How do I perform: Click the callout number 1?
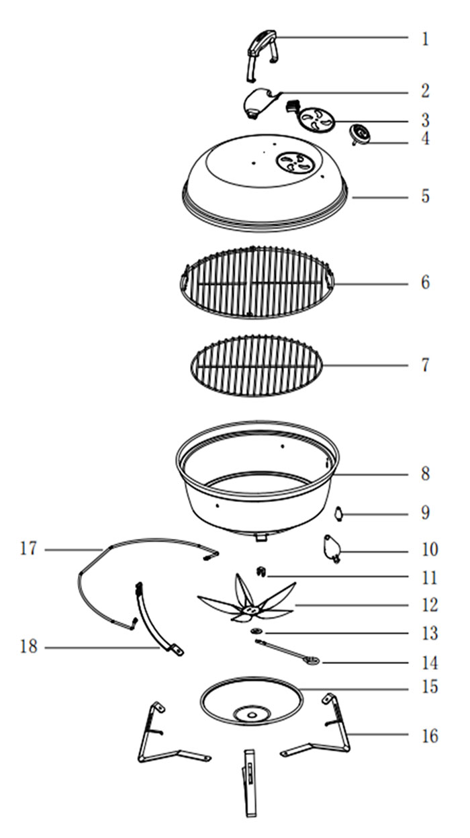pyautogui.click(x=425, y=39)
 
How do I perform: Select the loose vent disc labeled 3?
pyautogui.click(x=318, y=120)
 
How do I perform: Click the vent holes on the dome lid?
pyautogui.click(x=295, y=162)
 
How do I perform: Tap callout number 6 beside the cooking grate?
pyautogui.click(x=426, y=282)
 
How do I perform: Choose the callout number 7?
pyautogui.click(x=425, y=365)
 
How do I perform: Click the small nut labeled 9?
pyautogui.click(x=339, y=513)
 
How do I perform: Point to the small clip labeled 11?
pyautogui.click(x=262, y=572)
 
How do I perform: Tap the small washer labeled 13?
pyautogui.click(x=256, y=632)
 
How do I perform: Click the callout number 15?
pyautogui.click(x=430, y=687)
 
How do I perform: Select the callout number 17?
pyautogui.click(x=28, y=549)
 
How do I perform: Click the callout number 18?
pyautogui.click(x=29, y=646)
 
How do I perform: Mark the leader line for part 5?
pyautogui.click(x=380, y=197)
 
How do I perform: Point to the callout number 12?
pyautogui.click(x=430, y=605)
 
